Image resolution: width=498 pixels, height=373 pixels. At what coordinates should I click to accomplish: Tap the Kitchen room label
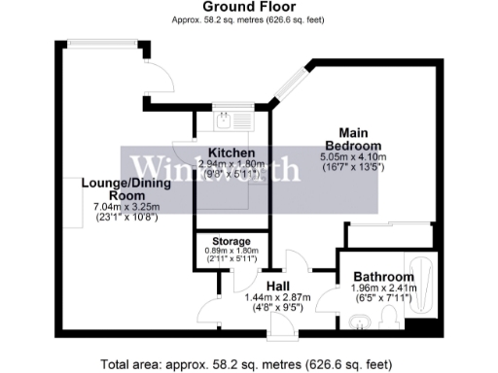(x=231, y=153)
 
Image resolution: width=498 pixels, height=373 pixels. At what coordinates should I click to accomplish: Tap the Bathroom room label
(x=384, y=277)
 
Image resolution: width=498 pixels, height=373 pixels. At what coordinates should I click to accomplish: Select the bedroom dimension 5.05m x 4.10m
(x=353, y=156)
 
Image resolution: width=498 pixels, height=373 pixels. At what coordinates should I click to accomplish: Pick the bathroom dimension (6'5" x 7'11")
(x=383, y=299)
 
